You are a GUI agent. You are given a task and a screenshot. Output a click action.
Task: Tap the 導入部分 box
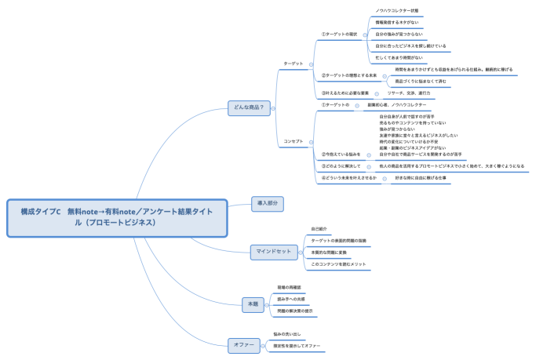[x=265, y=202]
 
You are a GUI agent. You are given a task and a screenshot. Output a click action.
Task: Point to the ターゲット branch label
[x=293, y=64]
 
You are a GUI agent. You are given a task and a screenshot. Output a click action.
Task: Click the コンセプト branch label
[x=293, y=141]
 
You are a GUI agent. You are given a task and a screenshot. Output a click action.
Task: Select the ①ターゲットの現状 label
[x=339, y=35]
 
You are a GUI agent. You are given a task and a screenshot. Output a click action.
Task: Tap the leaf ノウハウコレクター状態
[x=397, y=11]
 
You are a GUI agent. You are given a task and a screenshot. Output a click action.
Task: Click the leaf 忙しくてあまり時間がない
[x=399, y=57]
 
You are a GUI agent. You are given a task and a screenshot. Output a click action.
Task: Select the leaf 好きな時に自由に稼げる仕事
[x=420, y=178]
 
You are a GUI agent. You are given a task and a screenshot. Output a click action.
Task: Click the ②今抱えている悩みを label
[x=341, y=155]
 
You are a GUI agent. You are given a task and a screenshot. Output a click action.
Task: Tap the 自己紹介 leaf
[x=321, y=228]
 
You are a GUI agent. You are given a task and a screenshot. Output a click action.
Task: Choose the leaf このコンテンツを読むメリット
[x=338, y=264]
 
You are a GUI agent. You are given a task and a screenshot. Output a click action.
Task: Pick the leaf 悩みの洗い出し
[x=288, y=335]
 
